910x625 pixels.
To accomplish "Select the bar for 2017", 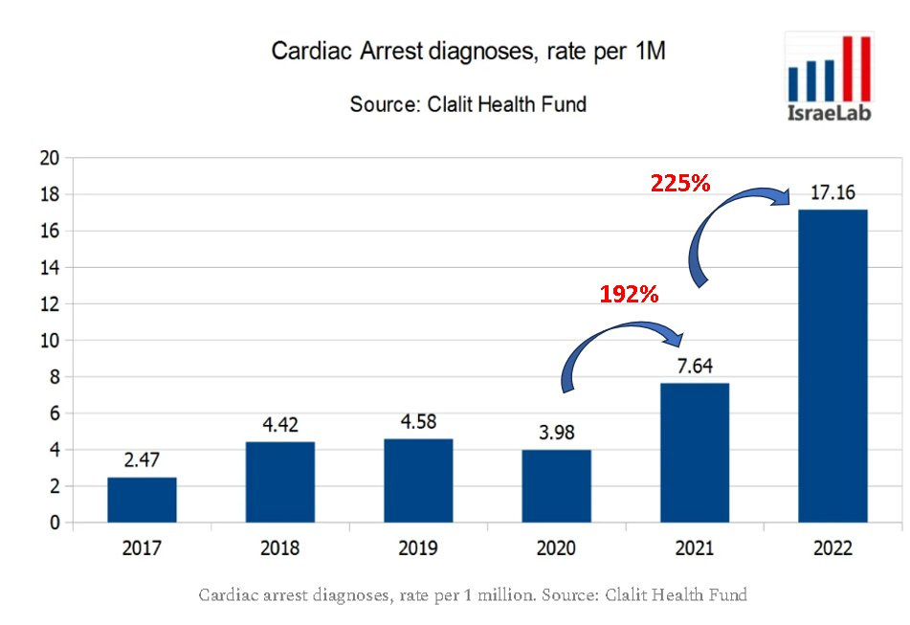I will point(142,500).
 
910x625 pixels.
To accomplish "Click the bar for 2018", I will point(279,481).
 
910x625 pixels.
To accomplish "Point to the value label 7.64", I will point(694,367).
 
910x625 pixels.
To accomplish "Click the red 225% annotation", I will point(679,184).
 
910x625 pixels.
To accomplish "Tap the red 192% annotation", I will point(629,295).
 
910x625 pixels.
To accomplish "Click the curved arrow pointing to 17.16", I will point(727,230).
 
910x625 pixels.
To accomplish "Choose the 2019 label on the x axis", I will point(418,548).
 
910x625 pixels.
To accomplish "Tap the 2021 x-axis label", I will point(694,548).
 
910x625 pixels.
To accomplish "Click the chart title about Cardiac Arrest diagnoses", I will point(468,52).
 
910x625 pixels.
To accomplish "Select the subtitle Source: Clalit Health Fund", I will point(468,104).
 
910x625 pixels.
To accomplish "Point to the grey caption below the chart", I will point(472,595).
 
